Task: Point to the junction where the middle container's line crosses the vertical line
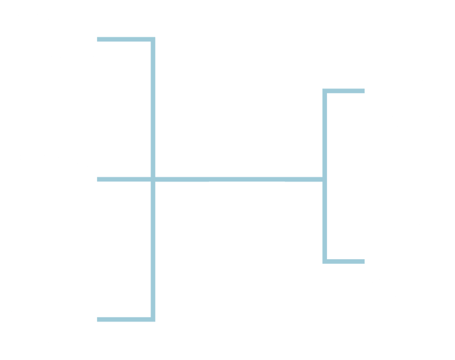153,179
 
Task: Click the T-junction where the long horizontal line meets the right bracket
325,179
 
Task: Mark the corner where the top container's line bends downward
153,40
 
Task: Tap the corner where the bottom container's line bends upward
153,319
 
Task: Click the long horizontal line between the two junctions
237,179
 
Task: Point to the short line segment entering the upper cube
347,91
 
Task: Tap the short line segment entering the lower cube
347,261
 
